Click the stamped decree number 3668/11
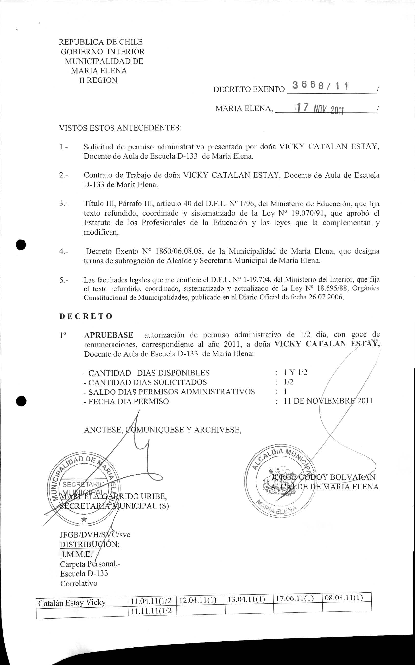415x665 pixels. pos(320,87)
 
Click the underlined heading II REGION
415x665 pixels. pos(98,80)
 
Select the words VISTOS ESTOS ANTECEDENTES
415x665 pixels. pos(120,128)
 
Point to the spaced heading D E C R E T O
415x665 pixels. pos(86,316)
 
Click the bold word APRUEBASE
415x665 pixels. pos(109,335)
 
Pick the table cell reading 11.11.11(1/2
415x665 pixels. pos(151,611)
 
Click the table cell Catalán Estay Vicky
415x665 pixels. pos(72,603)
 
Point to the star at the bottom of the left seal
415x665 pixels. pos(84,519)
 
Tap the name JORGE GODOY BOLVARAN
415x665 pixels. pos(323,477)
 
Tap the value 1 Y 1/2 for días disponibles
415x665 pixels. pos(296,373)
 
